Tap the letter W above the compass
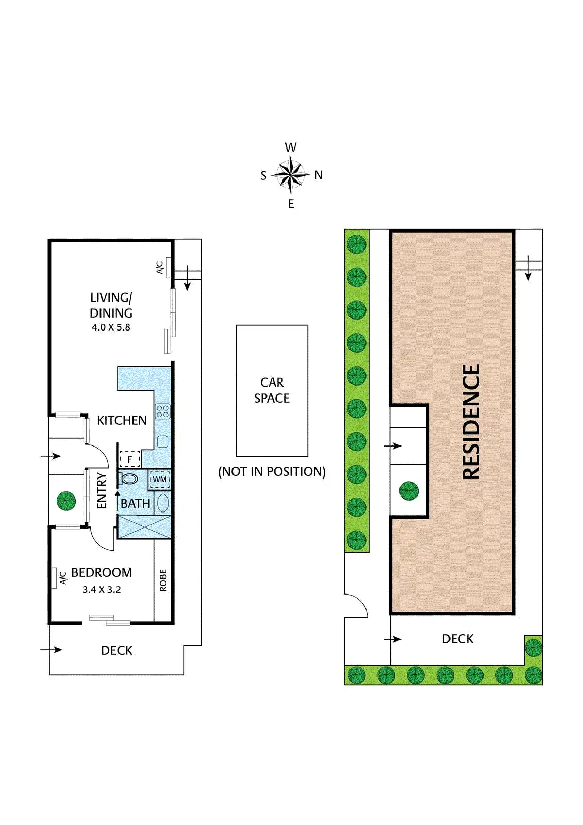coord(291,147)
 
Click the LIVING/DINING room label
coord(111,305)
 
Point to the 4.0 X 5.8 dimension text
coord(111,327)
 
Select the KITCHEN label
coord(122,421)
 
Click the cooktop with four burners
coord(163,411)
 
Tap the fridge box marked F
coord(130,459)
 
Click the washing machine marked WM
coord(159,480)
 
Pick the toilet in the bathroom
coord(128,478)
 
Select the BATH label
coord(136,504)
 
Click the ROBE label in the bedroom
coord(163,580)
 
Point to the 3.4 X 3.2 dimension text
coord(102,590)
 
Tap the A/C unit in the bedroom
coord(54,577)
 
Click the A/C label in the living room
coord(160,268)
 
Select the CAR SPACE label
coord(272,390)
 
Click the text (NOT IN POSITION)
coord(272,472)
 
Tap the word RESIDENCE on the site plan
coord(471,422)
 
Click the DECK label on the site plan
coord(457,639)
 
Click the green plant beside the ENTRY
coord(66,500)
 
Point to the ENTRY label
coord(102,491)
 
